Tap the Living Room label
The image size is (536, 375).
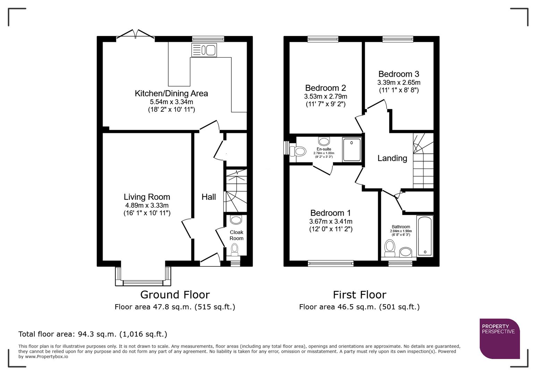pyautogui.click(x=147, y=197)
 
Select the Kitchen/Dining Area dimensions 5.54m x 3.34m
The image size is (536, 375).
pyautogui.click(x=171, y=102)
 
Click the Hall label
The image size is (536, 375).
pyautogui.click(x=209, y=197)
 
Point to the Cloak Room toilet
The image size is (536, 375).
pyautogui.click(x=235, y=248)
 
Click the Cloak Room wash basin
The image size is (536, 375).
pyautogui.click(x=236, y=220)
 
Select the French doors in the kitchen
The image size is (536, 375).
pyautogui.click(x=136, y=34)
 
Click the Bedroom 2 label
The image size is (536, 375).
pyautogui.click(x=325, y=88)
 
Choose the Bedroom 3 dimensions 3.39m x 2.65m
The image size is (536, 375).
pyautogui.click(x=399, y=83)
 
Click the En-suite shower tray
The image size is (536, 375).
pyautogui.click(x=352, y=150)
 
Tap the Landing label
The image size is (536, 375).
pyautogui.click(x=392, y=158)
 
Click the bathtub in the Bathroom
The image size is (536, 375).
pyautogui.click(x=425, y=236)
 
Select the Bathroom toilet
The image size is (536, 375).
pyautogui.click(x=390, y=247)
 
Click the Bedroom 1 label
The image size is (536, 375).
pyautogui.click(x=330, y=213)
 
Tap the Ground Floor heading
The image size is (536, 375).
pyautogui.click(x=175, y=294)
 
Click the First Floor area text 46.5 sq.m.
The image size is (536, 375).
pyautogui.click(x=359, y=307)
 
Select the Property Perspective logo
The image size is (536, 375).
pyautogui.click(x=500, y=339)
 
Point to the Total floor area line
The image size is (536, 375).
pyautogui.click(x=93, y=334)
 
